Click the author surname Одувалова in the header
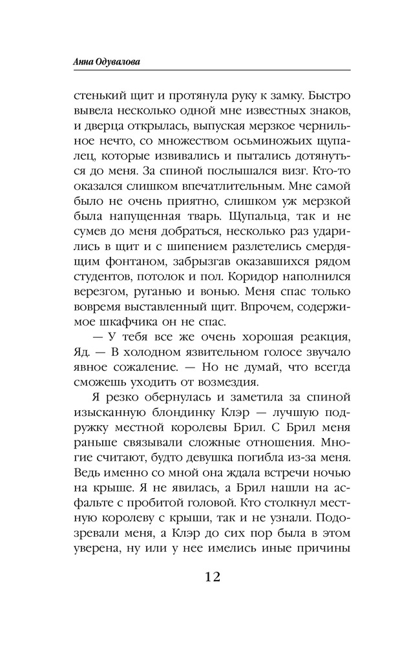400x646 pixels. (117, 61)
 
